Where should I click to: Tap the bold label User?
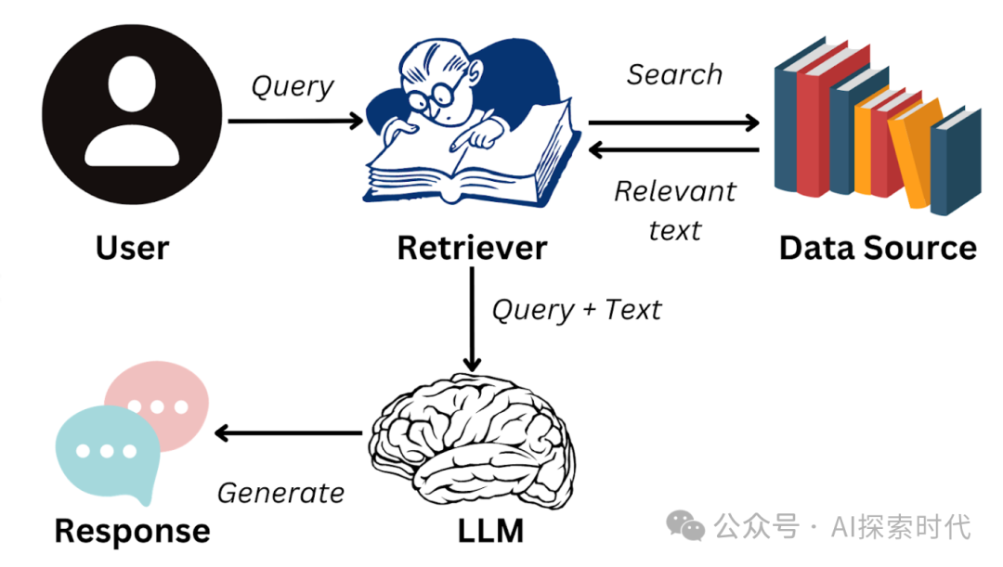coord(133,248)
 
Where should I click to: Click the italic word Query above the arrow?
coord(293,86)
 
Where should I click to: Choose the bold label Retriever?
coord(472,248)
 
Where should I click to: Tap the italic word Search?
coord(674,74)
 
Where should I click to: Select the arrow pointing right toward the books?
coord(673,122)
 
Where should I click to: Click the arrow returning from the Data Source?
coord(673,149)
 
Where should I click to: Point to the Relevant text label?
coord(674,210)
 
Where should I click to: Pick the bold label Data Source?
coord(878,248)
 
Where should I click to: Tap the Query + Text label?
coord(576,309)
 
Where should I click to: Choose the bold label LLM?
coord(490,531)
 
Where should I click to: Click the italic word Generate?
coord(280,493)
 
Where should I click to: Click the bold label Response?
coord(132,531)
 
